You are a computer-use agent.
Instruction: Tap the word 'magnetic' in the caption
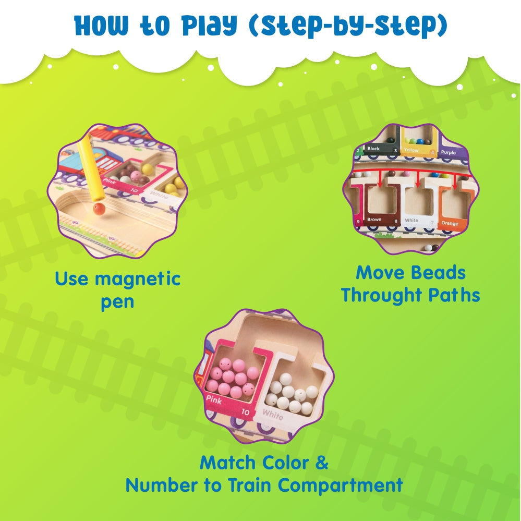click(138, 278)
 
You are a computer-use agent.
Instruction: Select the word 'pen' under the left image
click(117, 302)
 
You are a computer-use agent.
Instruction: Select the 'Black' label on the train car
click(373, 149)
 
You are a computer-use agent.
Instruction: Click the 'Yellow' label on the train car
click(411, 150)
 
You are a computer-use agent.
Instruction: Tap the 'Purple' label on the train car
click(448, 152)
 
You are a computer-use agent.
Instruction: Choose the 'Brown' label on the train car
click(374, 220)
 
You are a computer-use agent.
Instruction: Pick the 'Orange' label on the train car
click(450, 223)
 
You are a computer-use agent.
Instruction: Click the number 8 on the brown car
click(395, 221)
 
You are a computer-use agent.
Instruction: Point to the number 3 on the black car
click(395, 151)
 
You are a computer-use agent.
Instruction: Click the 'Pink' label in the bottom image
click(214, 401)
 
